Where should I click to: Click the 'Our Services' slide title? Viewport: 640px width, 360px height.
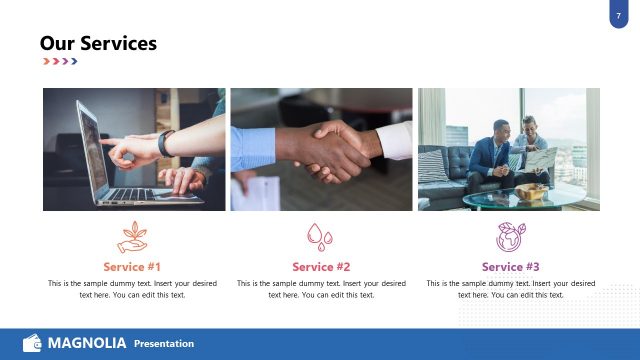[98, 43]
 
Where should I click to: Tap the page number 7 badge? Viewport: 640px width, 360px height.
[619, 14]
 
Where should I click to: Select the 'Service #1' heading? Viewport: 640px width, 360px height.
[132, 267]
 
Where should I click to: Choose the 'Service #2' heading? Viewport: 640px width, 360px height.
[321, 267]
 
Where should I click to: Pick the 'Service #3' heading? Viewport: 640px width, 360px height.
[510, 267]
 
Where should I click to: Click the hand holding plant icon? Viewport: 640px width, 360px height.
[132, 238]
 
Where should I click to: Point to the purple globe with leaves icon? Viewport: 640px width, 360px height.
[510, 237]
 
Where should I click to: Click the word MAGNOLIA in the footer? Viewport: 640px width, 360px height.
[87, 343]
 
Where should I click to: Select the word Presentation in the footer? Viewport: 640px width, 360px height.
[164, 344]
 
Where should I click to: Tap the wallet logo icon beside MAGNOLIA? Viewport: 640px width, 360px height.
[32, 343]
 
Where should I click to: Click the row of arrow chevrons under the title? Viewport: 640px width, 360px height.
[60, 62]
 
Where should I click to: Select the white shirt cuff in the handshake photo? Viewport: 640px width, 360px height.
[394, 142]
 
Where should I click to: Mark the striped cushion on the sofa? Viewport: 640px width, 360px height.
[433, 165]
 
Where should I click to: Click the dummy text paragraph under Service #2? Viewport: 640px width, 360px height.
[321, 289]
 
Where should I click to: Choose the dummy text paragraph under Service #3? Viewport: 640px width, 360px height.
[510, 289]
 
